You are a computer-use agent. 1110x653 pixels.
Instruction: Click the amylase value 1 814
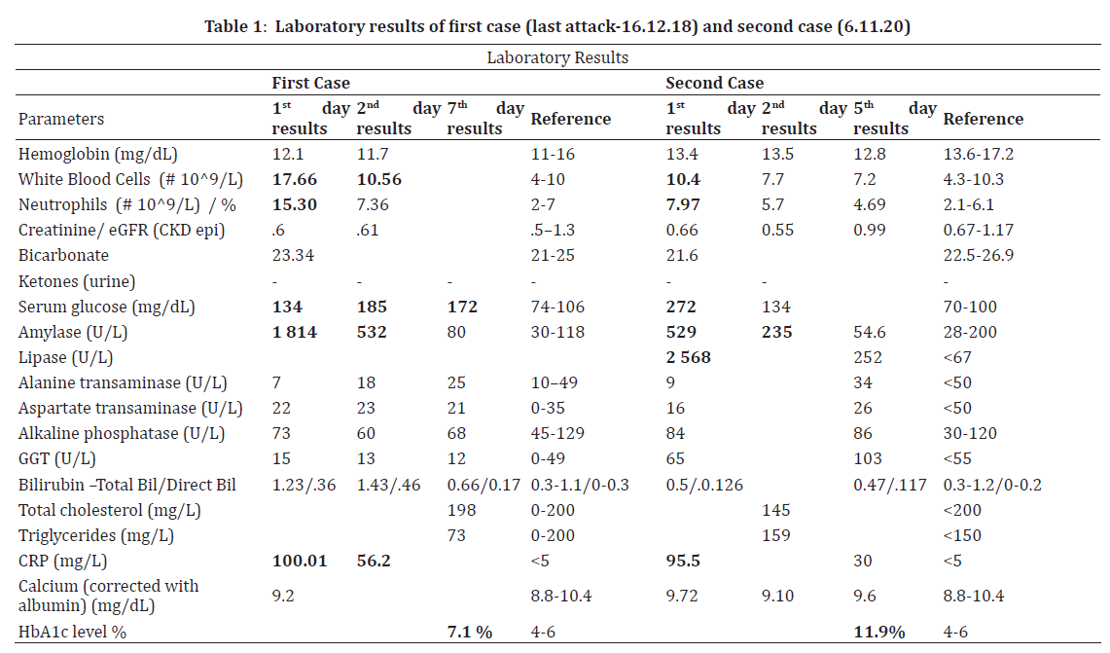[294, 333]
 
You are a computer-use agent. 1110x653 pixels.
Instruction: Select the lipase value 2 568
[688, 358]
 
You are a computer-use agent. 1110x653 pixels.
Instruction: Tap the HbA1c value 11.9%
[879, 633]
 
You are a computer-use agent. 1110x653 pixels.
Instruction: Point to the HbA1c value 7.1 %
[469, 633]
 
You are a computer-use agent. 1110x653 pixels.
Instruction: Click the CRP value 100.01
[300, 562]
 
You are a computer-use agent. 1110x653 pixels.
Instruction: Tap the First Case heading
[310, 84]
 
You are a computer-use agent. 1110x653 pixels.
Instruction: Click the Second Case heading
[715, 84]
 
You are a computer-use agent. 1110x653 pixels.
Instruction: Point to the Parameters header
[61, 119]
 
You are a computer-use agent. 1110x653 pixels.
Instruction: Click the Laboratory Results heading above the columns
[557, 57]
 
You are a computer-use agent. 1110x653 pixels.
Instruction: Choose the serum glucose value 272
[682, 308]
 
